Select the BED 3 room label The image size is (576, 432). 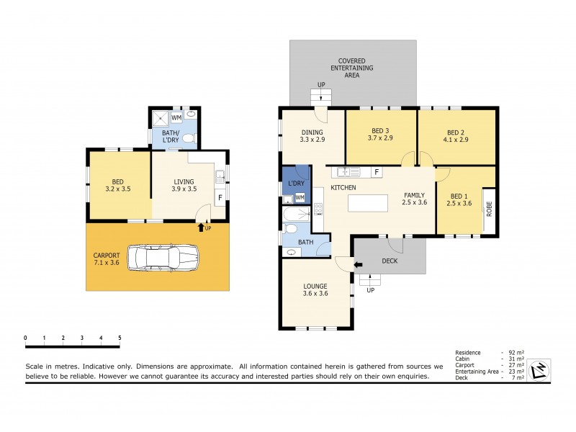(x=379, y=132)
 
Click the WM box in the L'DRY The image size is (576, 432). (x=300, y=197)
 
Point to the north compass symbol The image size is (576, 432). (x=539, y=370)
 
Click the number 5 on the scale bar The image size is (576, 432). (x=120, y=338)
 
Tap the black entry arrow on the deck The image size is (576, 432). (x=359, y=264)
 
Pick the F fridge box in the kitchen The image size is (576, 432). (x=377, y=172)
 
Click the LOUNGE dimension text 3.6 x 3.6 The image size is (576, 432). (x=315, y=293)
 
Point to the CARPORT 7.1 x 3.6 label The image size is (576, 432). (x=106, y=259)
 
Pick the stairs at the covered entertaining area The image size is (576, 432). (x=320, y=96)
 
